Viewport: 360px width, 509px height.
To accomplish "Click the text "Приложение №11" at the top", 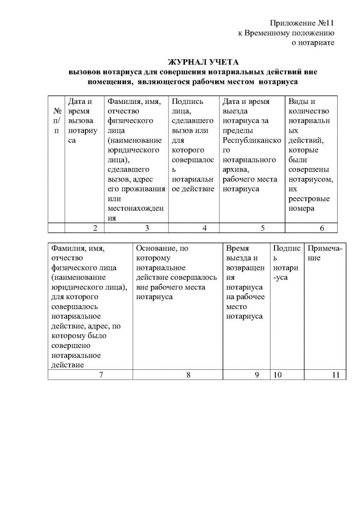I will (x=301, y=23).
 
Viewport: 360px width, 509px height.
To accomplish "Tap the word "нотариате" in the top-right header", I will (x=315, y=43).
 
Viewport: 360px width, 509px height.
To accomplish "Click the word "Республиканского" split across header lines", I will (x=252, y=140).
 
